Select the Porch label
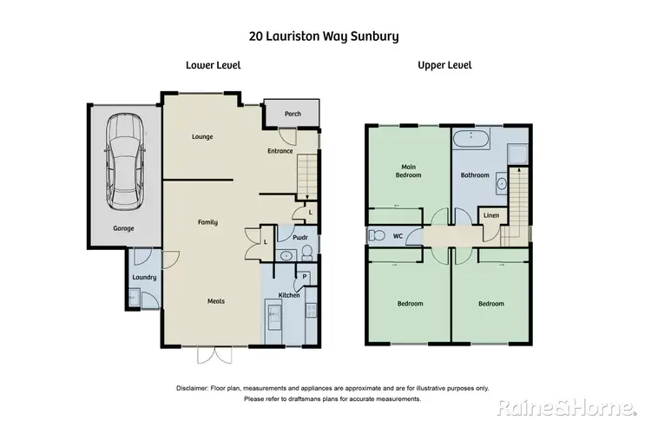(293, 113)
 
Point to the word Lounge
(202, 136)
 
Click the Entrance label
(279, 151)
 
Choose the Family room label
(207, 222)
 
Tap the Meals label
(215, 301)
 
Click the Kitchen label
(289, 296)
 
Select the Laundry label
(143, 278)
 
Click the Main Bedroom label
(409, 170)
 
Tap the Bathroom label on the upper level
(475, 174)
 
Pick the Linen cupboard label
(490, 215)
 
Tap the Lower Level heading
(213, 65)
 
